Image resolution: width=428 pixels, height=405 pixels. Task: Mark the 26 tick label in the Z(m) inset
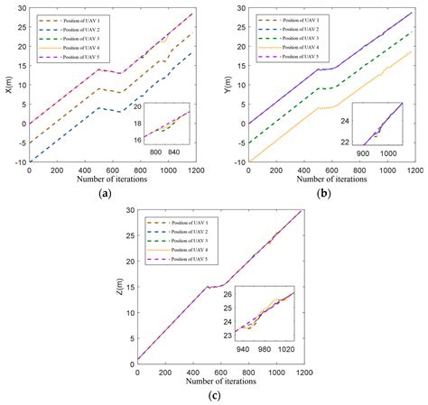(x=228, y=294)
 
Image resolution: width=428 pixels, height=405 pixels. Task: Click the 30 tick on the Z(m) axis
(x=129, y=210)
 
